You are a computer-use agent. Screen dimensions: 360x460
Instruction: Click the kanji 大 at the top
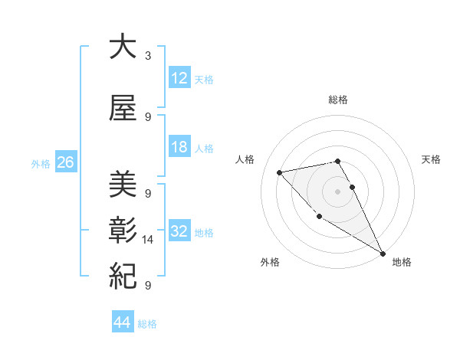pos(123,47)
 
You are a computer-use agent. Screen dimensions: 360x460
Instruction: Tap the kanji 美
pos(123,185)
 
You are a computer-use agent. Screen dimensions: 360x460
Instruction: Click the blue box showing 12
pos(179,78)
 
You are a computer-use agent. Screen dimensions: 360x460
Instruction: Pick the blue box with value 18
pos(179,148)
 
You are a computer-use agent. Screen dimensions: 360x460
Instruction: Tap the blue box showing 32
pos(179,232)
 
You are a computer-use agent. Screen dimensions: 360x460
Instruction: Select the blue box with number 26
pos(65,163)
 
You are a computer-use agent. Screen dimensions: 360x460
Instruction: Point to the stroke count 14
pos(149,240)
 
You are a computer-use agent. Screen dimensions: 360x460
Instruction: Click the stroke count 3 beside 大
pos(148,56)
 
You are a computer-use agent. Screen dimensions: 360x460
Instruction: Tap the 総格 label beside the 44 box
pos(147,324)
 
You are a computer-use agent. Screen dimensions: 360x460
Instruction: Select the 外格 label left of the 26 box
pos(41,164)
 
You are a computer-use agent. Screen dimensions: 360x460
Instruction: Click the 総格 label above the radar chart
pos(338,100)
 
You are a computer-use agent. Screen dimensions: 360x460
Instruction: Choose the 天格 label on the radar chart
pos(431,159)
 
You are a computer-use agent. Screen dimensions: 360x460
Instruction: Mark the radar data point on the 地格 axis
pos(383,254)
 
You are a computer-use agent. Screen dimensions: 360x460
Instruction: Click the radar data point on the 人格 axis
pos(280,172)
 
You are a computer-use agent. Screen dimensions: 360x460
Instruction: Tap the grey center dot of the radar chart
pos(338,191)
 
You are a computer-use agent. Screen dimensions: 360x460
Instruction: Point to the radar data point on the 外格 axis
pos(319,217)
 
